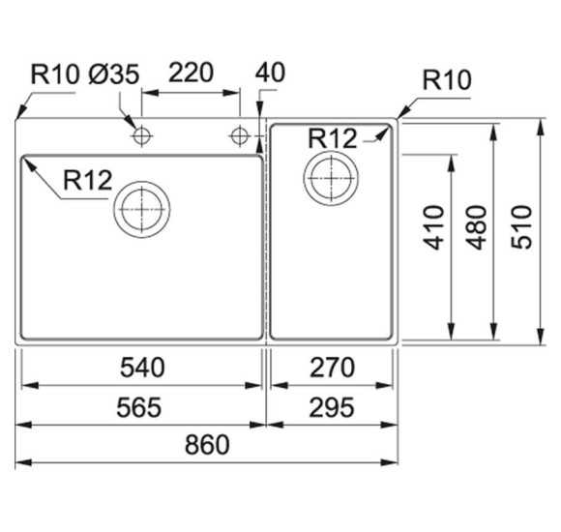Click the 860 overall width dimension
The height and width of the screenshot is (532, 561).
[207, 445]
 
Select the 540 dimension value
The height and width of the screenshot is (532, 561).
[142, 368]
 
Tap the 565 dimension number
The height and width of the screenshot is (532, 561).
[139, 407]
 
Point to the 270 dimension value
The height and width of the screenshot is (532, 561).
[333, 368]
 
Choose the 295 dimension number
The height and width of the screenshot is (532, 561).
[332, 407]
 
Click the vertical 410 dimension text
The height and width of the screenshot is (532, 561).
[433, 227]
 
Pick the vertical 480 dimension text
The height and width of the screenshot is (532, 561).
[476, 227]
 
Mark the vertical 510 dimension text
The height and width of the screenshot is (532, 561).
[521, 226]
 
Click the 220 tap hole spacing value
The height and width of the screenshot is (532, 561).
[192, 73]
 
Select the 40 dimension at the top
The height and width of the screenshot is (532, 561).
[270, 73]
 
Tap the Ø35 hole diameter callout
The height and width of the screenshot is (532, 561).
[114, 74]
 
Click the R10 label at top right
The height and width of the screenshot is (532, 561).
[447, 79]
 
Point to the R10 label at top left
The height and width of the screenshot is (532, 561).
[55, 74]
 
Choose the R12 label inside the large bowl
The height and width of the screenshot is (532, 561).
[88, 180]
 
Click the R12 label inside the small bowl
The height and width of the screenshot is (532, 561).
[333, 138]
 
